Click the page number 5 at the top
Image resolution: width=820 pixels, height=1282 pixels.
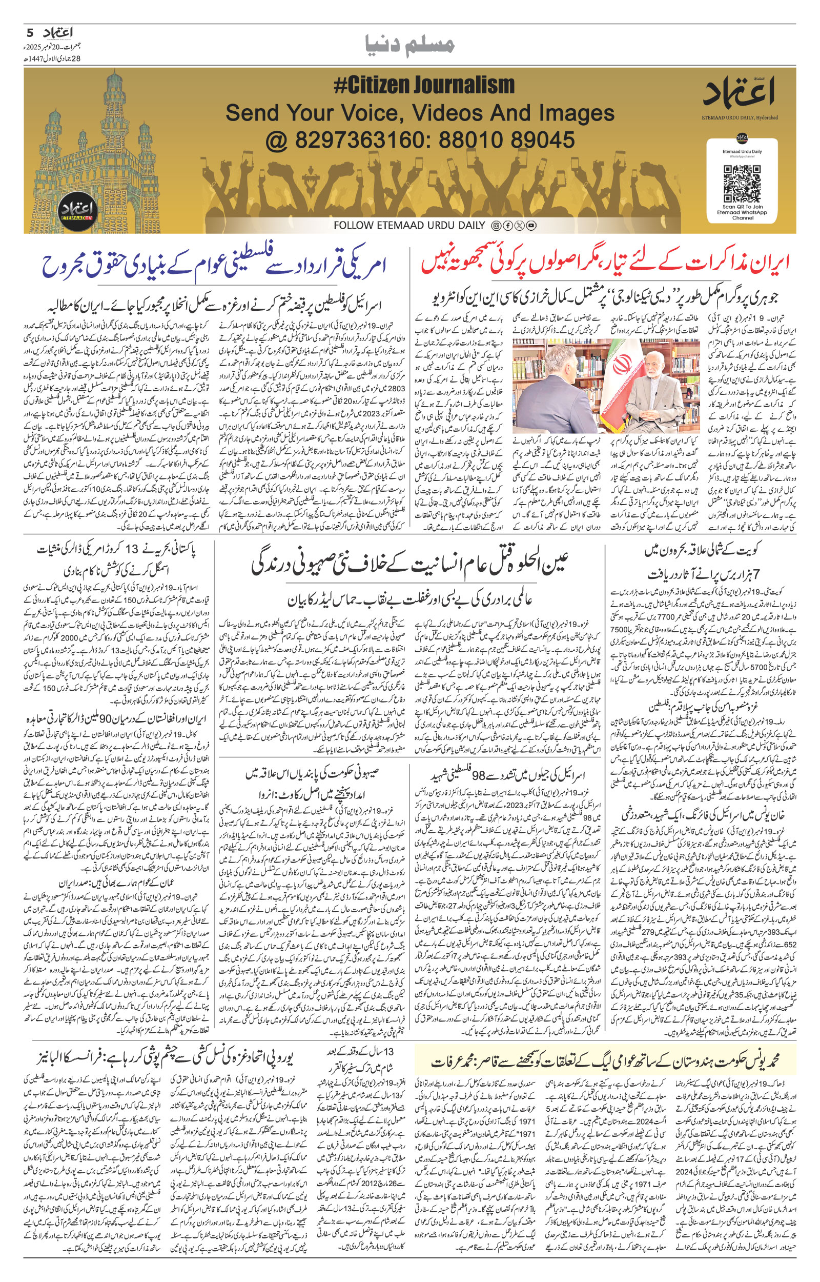tap(30, 33)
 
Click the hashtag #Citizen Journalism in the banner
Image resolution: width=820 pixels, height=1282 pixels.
tap(424, 86)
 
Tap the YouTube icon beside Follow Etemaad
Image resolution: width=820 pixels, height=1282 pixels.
tap(531, 226)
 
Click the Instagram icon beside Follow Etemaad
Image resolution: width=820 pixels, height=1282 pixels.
tap(496, 226)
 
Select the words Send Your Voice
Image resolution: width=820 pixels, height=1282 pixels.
tap(314, 113)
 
